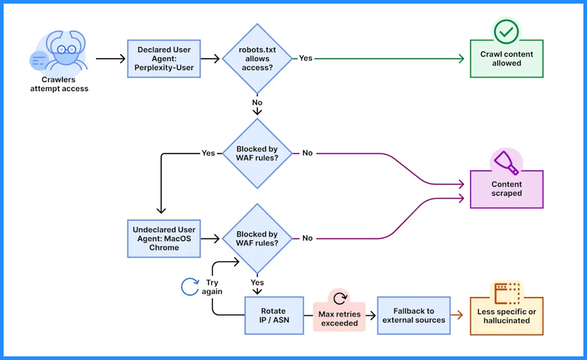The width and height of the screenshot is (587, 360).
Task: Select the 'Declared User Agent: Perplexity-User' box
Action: tap(164, 59)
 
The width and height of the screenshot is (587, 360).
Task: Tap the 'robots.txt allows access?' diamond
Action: tap(257, 59)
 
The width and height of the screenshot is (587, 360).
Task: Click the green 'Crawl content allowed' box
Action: tap(506, 59)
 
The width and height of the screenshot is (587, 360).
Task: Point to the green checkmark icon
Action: tap(506, 31)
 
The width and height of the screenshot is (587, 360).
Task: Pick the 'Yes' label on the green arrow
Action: tap(306, 59)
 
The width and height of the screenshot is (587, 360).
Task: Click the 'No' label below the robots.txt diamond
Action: tap(257, 103)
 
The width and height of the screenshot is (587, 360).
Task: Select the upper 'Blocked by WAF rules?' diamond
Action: tap(257, 153)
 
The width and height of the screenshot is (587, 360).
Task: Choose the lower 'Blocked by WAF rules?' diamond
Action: tap(257, 239)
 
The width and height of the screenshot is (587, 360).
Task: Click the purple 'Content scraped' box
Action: tap(506, 189)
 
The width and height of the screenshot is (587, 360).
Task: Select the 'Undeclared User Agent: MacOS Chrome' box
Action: tap(164, 239)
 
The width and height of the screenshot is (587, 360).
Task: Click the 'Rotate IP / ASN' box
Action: tap(274, 315)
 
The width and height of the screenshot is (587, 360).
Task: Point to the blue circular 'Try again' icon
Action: tap(190, 287)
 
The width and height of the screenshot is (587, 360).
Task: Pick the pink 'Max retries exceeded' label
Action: tap(339, 318)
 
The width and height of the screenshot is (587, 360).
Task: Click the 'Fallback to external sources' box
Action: tap(414, 315)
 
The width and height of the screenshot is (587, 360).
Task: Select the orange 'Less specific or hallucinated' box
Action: tap(506, 316)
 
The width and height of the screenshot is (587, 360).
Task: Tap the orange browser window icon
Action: tap(507, 293)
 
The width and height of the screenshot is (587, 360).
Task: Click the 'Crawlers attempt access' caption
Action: tap(59, 84)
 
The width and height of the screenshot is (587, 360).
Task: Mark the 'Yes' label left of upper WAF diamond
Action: tap(208, 153)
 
